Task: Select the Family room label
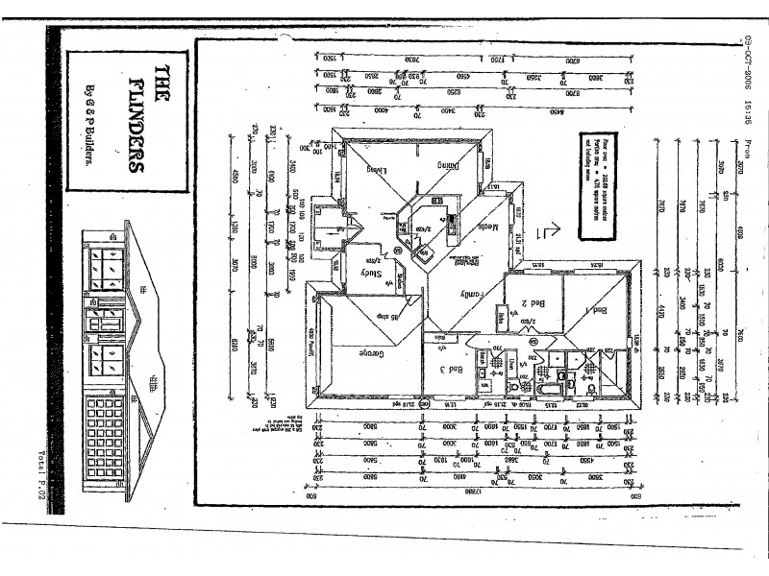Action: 475,293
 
